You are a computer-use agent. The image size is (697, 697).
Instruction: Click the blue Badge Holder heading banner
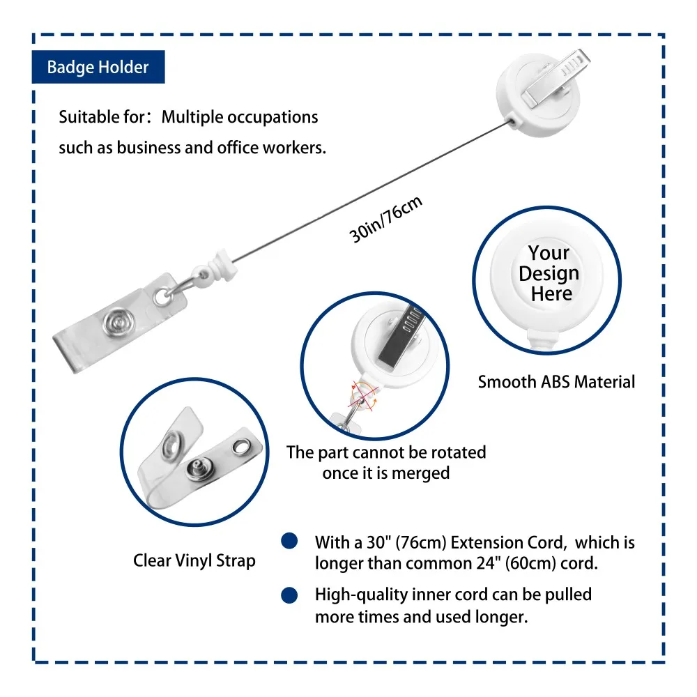click(x=98, y=68)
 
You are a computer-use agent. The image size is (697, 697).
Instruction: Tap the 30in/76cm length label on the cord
click(x=386, y=220)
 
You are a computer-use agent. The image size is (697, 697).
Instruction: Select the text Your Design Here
click(x=549, y=273)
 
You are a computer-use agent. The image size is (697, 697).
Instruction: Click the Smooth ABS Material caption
click(x=556, y=382)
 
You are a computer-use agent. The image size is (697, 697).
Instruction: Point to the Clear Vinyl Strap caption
click(x=194, y=560)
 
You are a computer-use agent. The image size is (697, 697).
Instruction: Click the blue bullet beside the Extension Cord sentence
click(x=289, y=542)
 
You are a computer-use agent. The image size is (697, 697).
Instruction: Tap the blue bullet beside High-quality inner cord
click(x=289, y=595)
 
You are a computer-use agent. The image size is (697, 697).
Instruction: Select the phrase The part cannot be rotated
click(x=386, y=452)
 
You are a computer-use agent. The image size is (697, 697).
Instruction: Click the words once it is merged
click(x=385, y=473)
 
